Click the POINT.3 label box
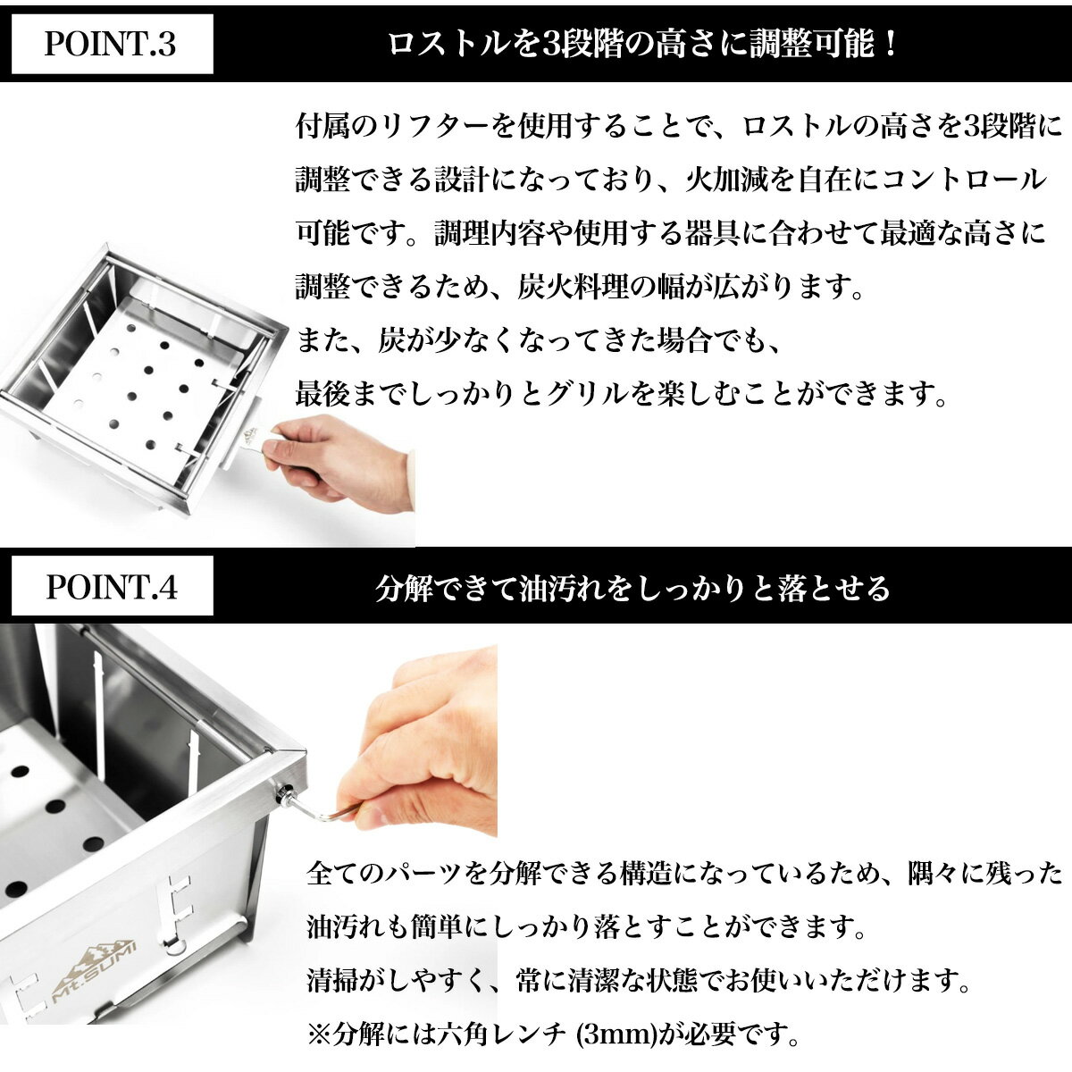(113, 44)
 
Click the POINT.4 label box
(113, 586)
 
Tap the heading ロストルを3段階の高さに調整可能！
(642, 44)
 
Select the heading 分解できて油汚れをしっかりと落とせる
(632, 589)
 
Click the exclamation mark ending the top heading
(889, 44)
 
